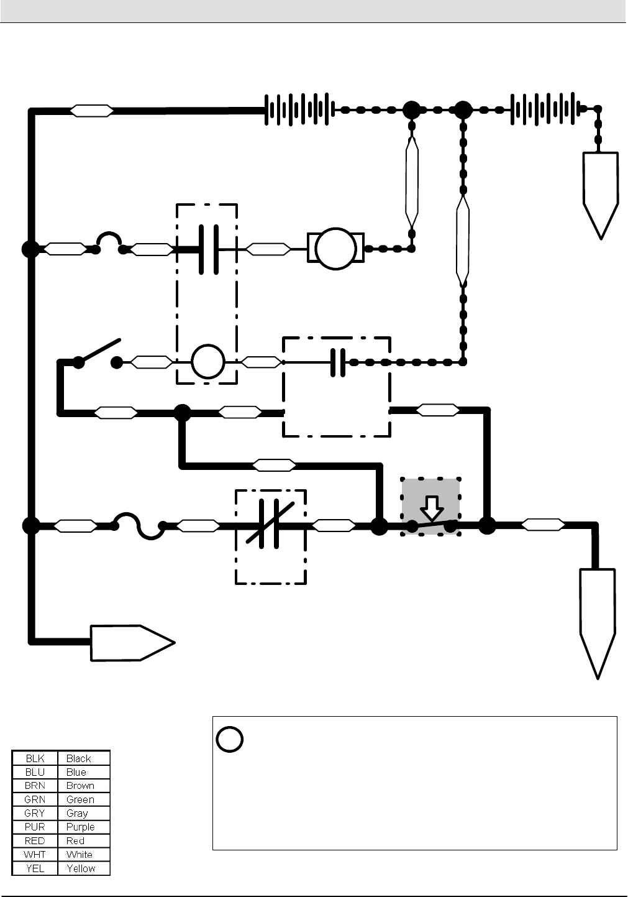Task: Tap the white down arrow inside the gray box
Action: click(x=432, y=508)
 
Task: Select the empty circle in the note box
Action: click(x=230, y=740)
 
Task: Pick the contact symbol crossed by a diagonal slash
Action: click(x=271, y=526)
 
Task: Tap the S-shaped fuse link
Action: click(x=138, y=525)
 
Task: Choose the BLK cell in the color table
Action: click(x=35, y=758)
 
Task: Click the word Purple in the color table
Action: click(x=80, y=827)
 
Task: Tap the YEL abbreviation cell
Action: click(x=35, y=868)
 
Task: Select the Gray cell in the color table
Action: click(x=77, y=813)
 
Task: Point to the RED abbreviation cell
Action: click(x=35, y=840)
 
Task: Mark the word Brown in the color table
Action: click(x=80, y=786)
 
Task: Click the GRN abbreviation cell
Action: click(x=35, y=799)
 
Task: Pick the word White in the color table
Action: click(x=79, y=854)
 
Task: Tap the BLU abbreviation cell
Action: click(x=35, y=772)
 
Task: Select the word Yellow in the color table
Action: click(x=81, y=868)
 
